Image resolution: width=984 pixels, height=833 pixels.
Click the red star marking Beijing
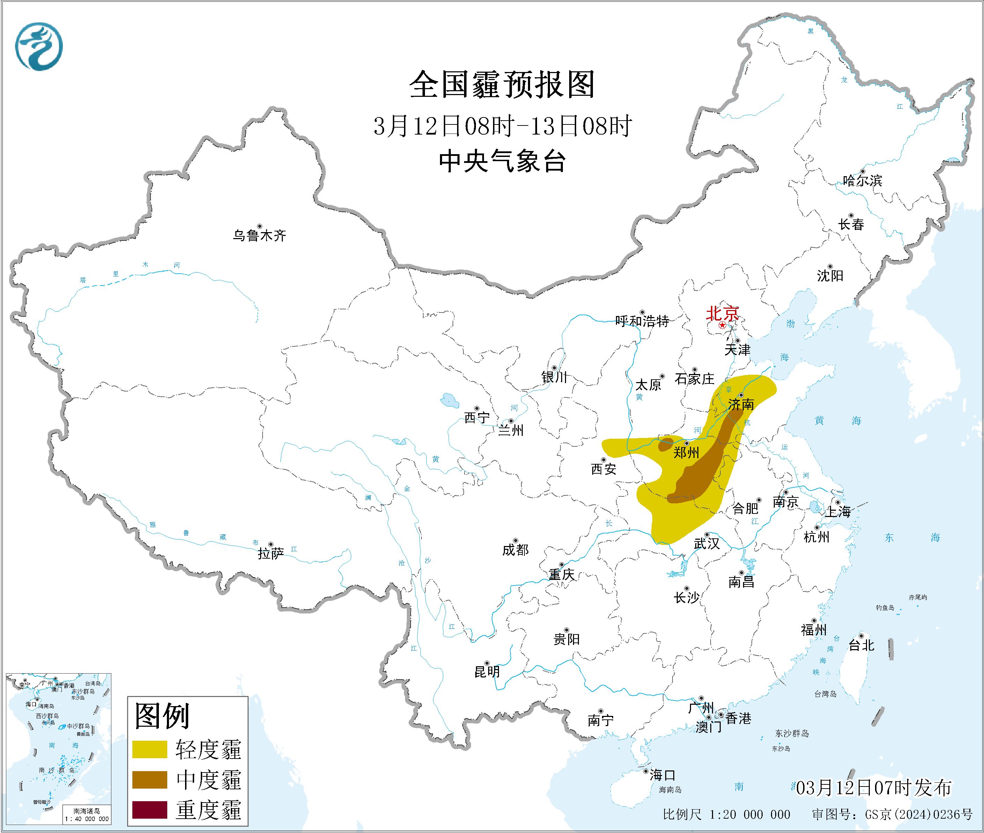click(722, 326)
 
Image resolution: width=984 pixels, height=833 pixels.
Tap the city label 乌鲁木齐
click(259, 235)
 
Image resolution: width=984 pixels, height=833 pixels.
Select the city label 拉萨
click(271, 553)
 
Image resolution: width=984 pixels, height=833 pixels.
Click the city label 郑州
click(686, 452)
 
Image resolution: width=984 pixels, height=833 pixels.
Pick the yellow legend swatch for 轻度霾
click(149, 749)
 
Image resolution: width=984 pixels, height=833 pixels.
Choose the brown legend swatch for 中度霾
click(149, 780)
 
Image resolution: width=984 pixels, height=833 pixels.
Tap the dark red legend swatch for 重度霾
click(149, 809)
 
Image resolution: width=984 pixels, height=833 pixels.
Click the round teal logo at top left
click(39, 46)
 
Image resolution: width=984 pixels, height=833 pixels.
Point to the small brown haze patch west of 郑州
click(666, 444)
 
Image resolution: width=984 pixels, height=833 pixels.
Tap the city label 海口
click(662, 775)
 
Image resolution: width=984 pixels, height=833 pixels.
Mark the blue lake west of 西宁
click(449, 401)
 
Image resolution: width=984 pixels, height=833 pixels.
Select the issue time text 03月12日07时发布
click(874, 788)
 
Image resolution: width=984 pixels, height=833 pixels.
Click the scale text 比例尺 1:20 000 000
click(726, 814)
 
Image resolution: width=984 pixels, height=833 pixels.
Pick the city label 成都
click(515, 550)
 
